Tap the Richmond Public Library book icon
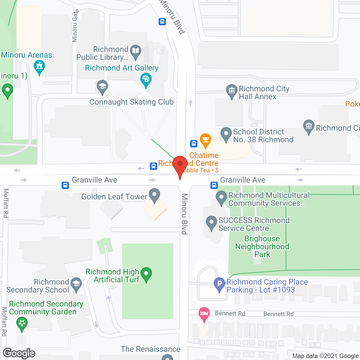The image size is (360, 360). (136, 51)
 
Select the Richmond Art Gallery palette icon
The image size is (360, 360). (146, 79)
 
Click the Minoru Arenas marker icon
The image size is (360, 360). (39, 67)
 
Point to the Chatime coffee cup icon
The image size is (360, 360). (206, 139)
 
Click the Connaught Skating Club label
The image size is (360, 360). (131, 102)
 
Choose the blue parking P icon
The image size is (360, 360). (219, 284)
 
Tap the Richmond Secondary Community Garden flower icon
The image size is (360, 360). (22, 323)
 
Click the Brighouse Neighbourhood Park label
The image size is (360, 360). (262, 246)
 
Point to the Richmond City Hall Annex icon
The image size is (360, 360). (232, 91)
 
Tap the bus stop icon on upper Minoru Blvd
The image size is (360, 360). (162, 22)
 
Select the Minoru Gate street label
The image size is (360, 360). (75, 26)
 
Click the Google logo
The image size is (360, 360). (19, 353)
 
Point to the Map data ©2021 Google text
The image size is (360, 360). (326, 356)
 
